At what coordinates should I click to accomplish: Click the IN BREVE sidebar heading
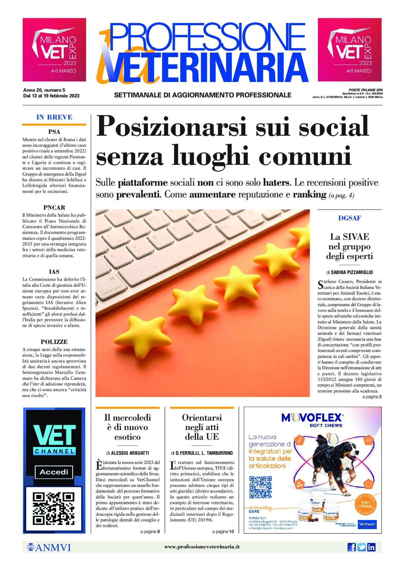pos(54,117)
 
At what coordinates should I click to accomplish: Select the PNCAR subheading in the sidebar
pos(54,208)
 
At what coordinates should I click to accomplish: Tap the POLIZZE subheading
pos(54,342)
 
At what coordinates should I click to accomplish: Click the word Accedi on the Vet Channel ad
pos(54,472)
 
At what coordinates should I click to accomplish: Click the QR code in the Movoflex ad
pos(260,487)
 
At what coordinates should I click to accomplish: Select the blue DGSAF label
pos(349,218)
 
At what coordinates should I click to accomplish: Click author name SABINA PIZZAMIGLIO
pos(352,272)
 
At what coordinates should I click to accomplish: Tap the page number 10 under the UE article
pos(231,531)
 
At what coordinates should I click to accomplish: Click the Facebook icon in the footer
pos(352,547)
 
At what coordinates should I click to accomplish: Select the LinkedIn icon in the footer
pos(371,547)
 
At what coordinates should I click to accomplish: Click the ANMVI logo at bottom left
pos(49,547)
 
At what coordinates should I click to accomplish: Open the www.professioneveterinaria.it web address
pos(202,547)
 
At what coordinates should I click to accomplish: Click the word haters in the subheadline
pos(276,183)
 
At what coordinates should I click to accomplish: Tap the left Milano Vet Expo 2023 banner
pos(54,50)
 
